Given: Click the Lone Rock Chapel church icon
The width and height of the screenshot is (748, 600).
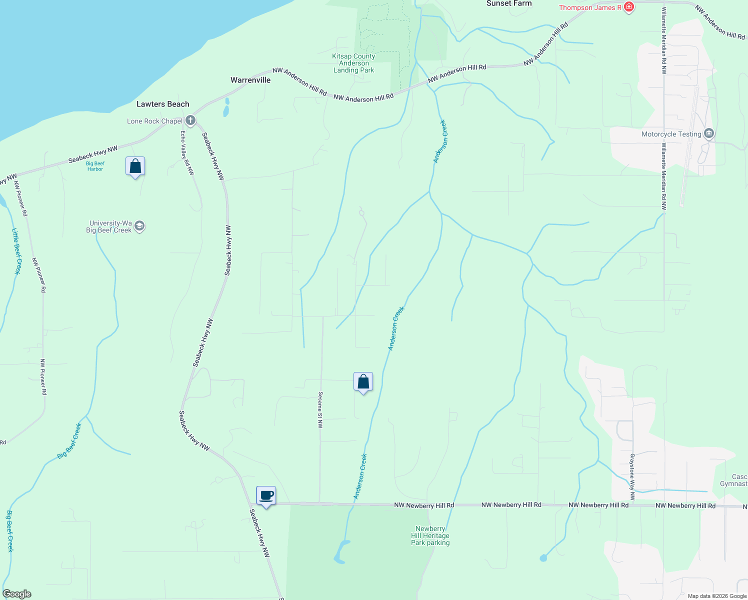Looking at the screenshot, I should (190, 120).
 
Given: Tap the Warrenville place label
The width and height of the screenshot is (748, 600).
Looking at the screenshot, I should (250, 80).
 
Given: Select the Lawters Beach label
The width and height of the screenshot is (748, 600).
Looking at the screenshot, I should (163, 104).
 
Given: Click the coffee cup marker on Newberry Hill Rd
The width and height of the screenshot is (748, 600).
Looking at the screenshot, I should (266, 496).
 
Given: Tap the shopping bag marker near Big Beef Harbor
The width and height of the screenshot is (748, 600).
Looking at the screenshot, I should (135, 166).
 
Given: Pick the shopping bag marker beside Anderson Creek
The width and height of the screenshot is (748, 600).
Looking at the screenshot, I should (363, 382).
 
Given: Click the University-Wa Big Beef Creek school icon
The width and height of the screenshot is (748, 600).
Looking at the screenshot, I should (139, 226).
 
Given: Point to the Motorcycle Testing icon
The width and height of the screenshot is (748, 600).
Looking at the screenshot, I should (708, 133).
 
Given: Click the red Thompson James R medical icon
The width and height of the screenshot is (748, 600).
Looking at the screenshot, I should (629, 7).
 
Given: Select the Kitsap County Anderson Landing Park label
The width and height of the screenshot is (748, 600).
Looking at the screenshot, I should (353, 63).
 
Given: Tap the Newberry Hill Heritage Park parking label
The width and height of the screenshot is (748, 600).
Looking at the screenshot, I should (430, 535).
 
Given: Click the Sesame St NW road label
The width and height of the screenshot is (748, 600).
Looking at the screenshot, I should (320, 410).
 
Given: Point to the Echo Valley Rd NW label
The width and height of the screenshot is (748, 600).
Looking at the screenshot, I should (187, 152).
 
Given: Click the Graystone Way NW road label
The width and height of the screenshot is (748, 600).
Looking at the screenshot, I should (632, 477).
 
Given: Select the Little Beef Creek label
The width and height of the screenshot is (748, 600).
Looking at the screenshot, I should (16, 251).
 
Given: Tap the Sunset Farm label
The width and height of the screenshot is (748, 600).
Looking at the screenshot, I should (509, 3).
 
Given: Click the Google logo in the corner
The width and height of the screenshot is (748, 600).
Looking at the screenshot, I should (16, 594).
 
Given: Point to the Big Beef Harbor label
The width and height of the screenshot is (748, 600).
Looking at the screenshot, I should (95, 166).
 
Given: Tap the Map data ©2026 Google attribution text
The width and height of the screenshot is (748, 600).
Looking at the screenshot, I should (716, 596).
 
